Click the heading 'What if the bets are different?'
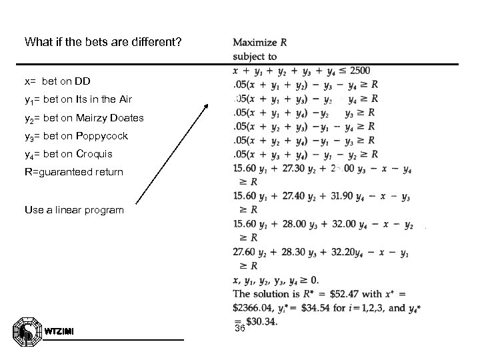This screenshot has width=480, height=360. click(102, 42)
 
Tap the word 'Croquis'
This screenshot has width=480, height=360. click(95, 154)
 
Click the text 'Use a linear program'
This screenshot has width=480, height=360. click(74, 209)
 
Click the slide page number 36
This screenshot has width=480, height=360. click(240, 329)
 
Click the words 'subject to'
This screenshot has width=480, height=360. click(255, 56)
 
